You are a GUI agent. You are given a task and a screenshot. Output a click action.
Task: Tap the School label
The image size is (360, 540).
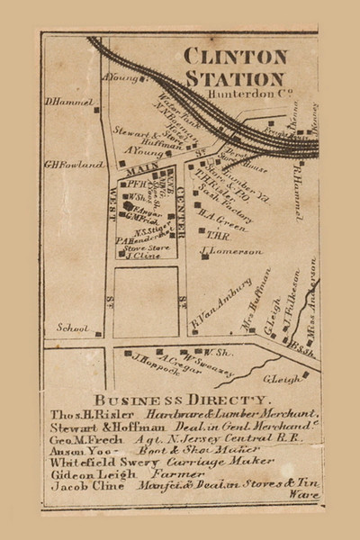click(72, 328)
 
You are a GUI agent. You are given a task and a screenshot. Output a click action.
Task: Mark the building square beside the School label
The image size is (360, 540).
click(99, 332)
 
